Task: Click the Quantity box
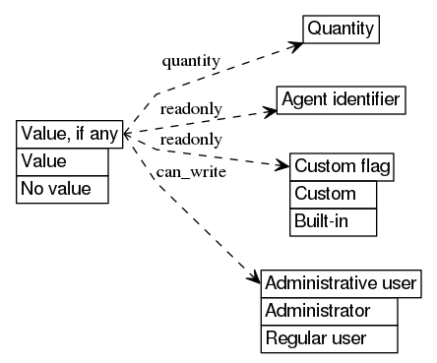click(x=342, y=30)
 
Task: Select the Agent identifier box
click(x=341, y=99)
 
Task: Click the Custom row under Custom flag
click(x=333, y=194)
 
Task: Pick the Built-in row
click(x=333, y=221)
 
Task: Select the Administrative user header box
click(x=342, y=283)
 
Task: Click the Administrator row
click(x=329, y=311)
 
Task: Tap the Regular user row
click(x=329, y=338)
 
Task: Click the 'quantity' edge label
click(x=190, y=61)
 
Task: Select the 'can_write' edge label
click(x=185, y=174)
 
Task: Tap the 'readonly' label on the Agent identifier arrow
click(x=191, y=108)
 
